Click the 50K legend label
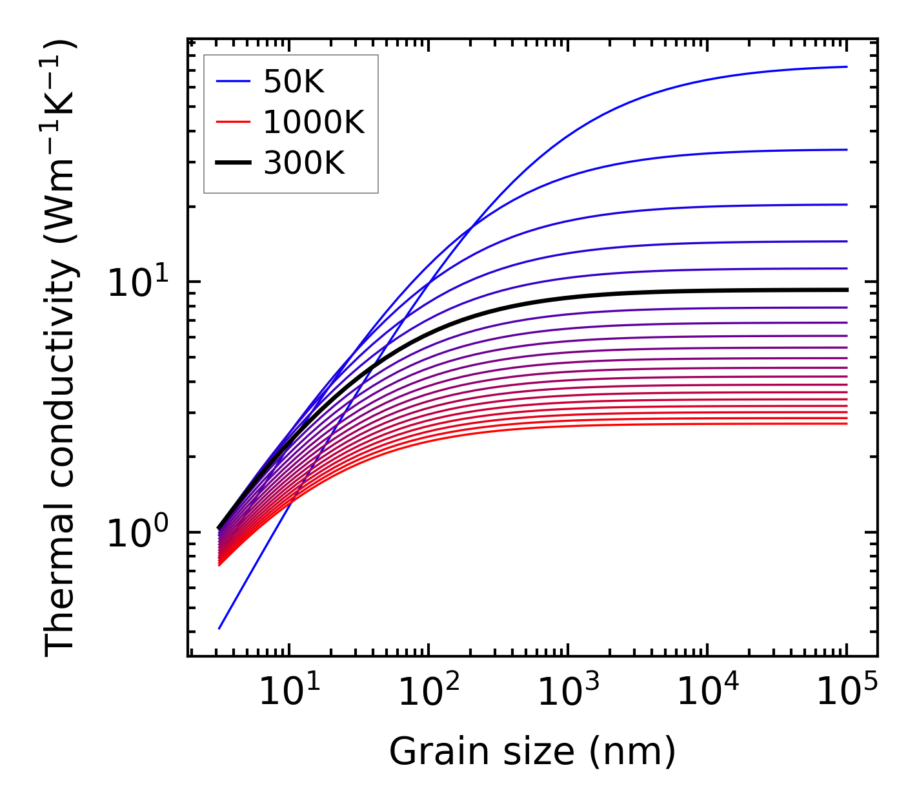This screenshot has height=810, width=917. [294, 82]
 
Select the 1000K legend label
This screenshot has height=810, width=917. [314, 122]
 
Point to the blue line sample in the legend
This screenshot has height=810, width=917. [232, 81]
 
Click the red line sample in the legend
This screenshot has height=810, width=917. [232, 122]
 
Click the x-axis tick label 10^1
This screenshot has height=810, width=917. [288, 694]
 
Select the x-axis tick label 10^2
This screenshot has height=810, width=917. [428, 694]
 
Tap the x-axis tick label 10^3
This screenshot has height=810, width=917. [567, 694]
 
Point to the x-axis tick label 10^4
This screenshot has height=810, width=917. [707, 694]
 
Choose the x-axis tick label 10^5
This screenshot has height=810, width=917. [846, 694]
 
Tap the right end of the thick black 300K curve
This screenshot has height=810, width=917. [846, 290]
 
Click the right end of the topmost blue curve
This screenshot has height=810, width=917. [846, 67]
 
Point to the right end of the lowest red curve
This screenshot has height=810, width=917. [846, 423]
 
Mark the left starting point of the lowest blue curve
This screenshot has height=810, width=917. [219, 628]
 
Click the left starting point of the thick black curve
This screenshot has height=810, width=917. [219, 528]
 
